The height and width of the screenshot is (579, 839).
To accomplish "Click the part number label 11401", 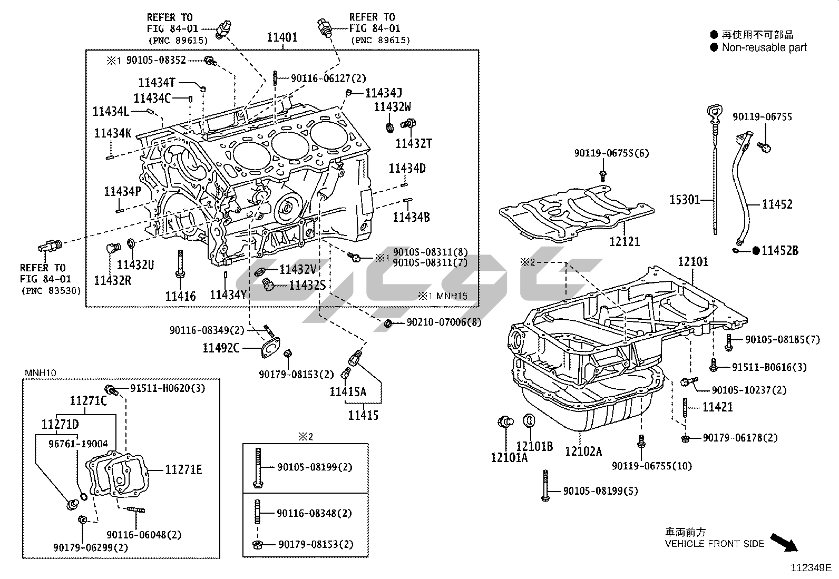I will [x=282, y=37].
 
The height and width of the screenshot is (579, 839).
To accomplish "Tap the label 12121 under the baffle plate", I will [x=625, y=241].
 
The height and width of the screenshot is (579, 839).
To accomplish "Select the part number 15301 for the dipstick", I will [x=685, y=200].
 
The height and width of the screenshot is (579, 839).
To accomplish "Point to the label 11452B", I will [x=779, y=251].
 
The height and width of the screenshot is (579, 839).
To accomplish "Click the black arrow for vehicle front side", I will [x=784, y=542].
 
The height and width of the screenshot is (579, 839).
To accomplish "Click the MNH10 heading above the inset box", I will [x=41, y=373].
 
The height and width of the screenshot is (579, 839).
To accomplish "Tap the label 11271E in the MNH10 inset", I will [x=183, y=469].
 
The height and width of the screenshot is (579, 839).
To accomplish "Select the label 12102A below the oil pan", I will [x=583, y=451].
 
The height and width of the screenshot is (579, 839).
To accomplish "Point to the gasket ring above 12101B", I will [x=529, y=421].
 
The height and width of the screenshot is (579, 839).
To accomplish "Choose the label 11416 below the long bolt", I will [x=180, y=297].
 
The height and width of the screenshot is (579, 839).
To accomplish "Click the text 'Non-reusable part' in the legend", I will [x=764, y=47].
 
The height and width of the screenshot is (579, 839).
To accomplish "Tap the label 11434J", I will [x=384, y=93].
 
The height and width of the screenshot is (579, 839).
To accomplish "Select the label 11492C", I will [x=221, y=348].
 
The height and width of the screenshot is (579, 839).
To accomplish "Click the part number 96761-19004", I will [x=78, y=444].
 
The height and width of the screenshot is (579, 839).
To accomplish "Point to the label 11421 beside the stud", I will [x=717, y=407].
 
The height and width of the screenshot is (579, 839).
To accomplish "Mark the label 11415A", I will [x=348, y=391].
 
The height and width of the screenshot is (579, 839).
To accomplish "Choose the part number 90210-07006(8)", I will [x=444, y=322].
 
